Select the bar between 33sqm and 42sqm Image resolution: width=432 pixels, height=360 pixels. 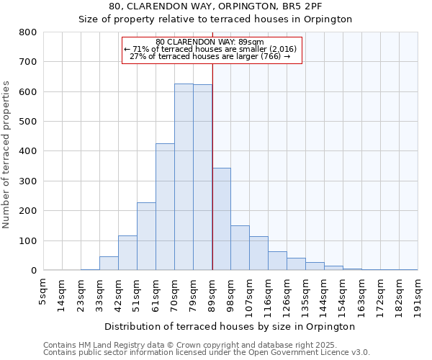(x=109, y=264)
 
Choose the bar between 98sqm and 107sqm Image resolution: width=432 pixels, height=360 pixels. (x=240, y=248)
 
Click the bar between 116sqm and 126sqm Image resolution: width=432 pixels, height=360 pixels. (x=277, y=261)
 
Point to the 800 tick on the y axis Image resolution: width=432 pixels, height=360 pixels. (x=28, y=32)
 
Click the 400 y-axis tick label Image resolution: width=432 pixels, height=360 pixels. (x=28, y=151)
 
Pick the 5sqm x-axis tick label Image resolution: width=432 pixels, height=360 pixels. (x=44, y=292)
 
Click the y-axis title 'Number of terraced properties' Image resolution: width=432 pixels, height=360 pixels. (x=7, y=154)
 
